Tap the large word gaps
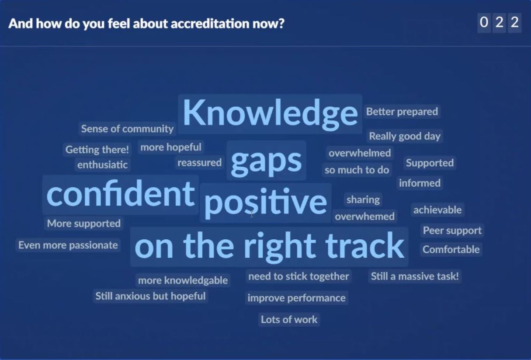pos(266,161)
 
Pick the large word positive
pos(266,203)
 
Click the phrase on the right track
pos(269,246)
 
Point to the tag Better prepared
pos(402,112)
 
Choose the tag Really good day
pos(405,136)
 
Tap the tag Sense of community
pos(127,129)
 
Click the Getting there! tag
pos(97,150)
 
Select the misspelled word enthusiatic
pos(102,165)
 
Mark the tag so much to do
pos(357,170)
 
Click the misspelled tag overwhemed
pos(364,217)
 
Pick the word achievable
pos(437,210)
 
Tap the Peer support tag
pos(452,231)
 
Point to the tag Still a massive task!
pos(415,276)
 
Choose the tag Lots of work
pos(289,319)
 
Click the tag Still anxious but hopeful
pos(150,296)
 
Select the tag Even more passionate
pos(68,245)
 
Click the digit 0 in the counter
pos(484,23)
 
